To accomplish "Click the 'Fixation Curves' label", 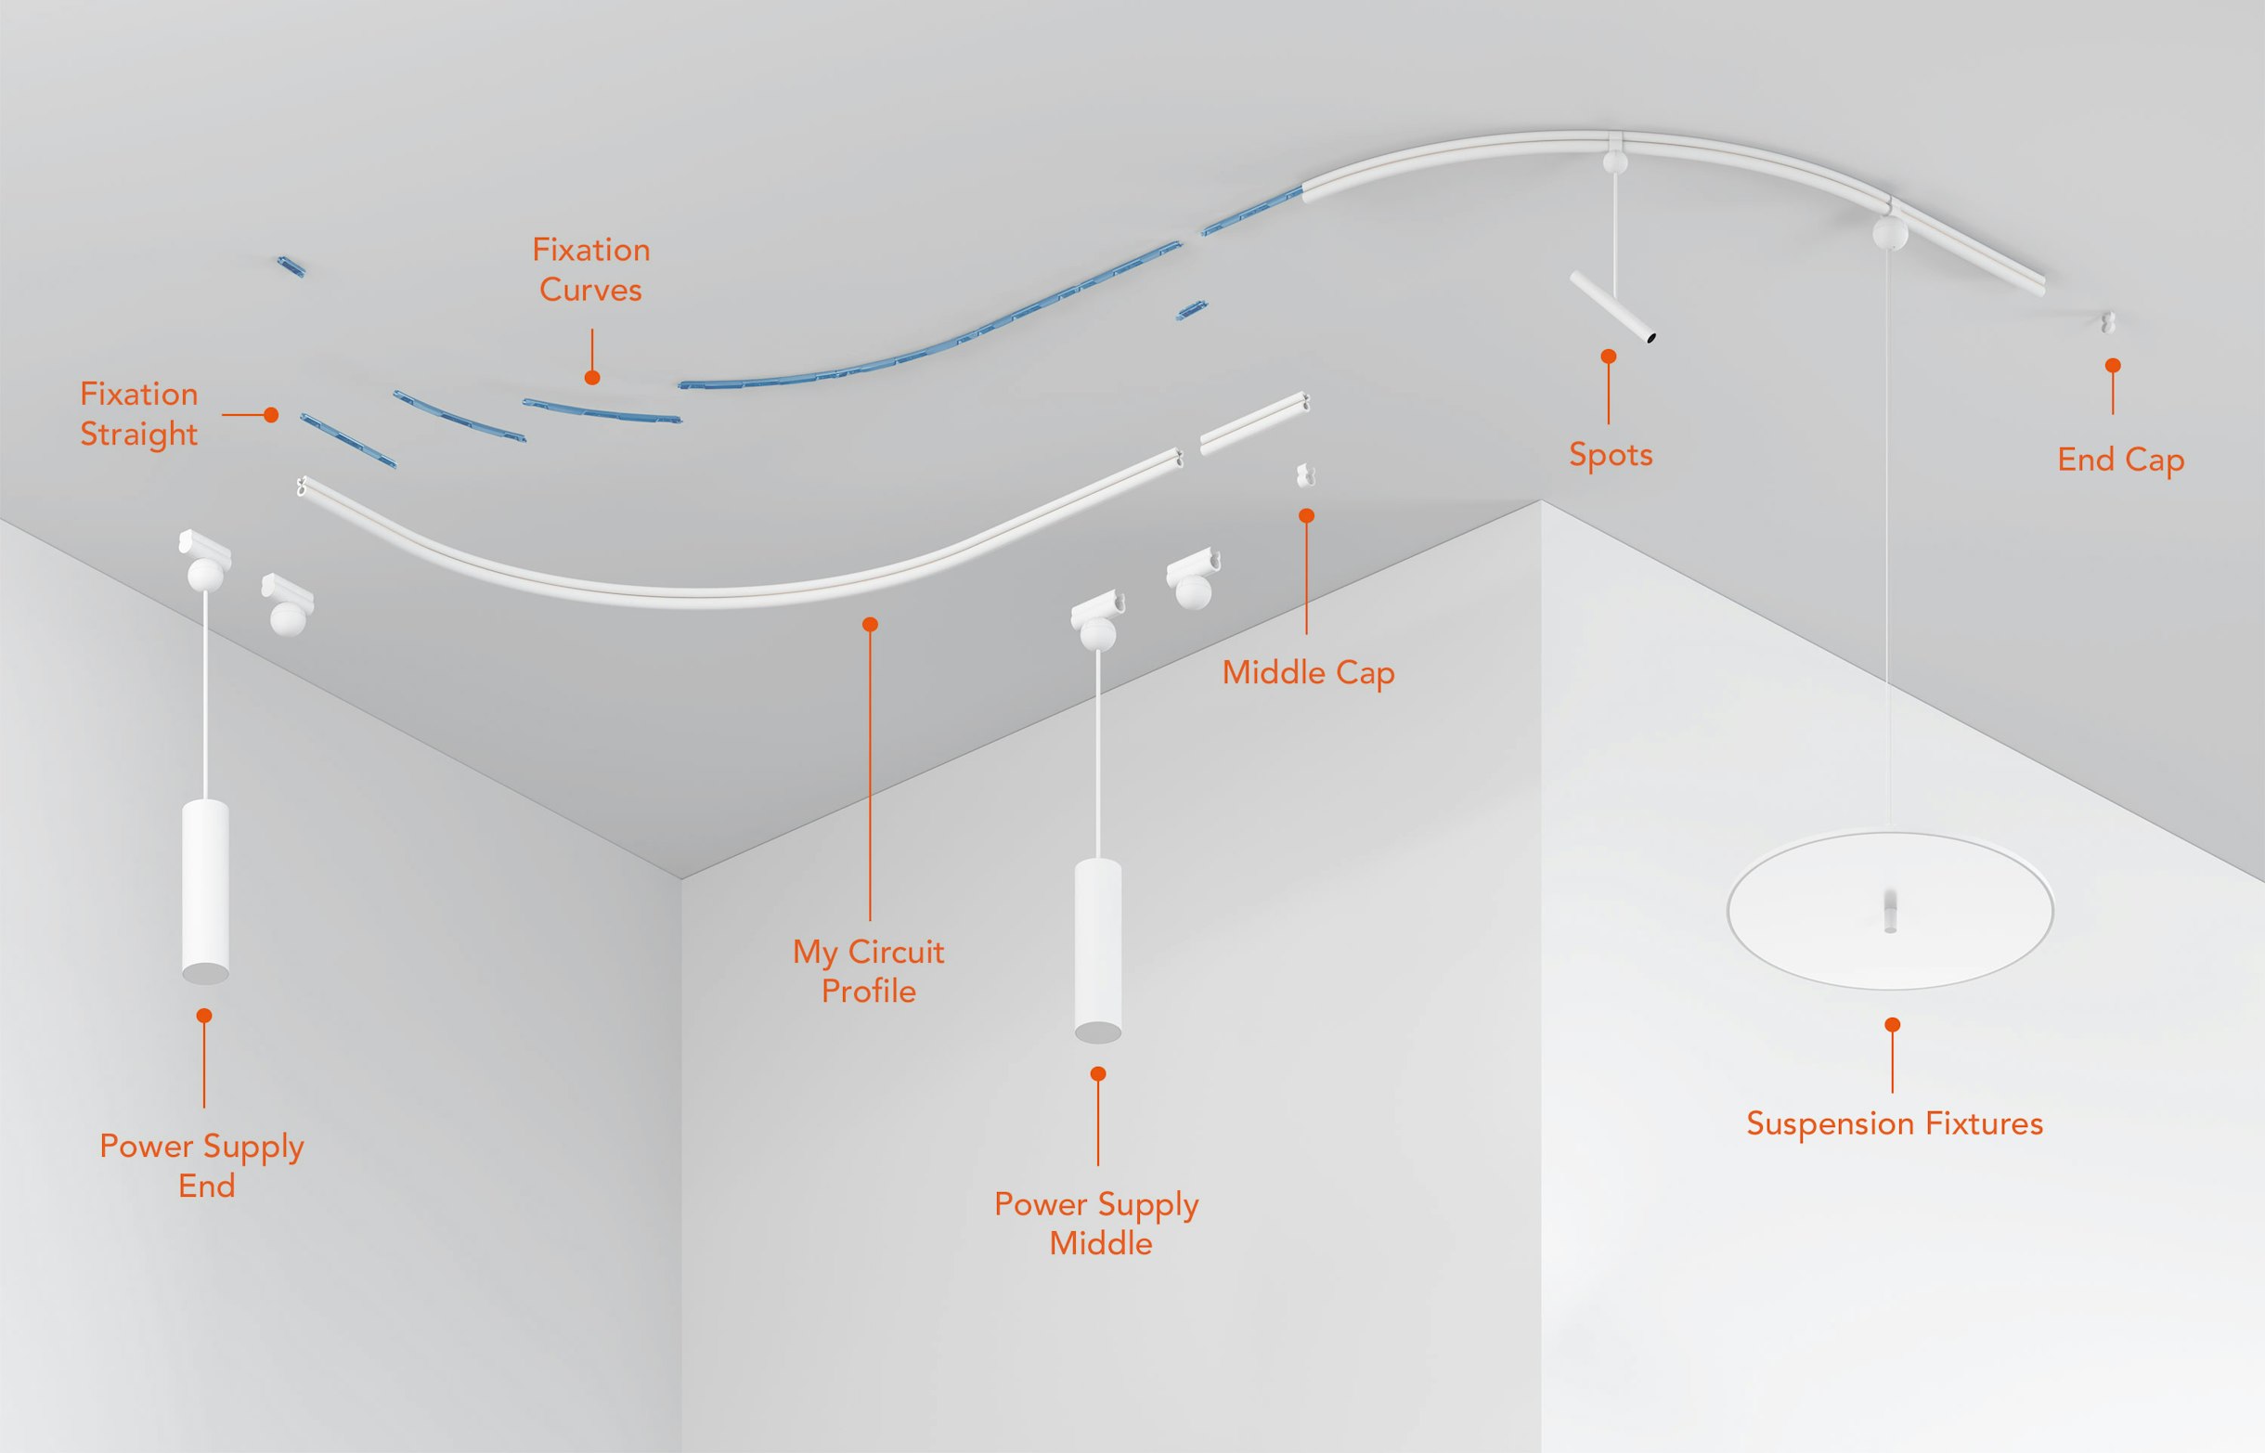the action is [x=591, y=270].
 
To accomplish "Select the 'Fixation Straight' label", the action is [x=139, y=414].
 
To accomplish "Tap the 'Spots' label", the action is [x=1611, y=455].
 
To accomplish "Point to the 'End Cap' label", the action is [x=2121, y=461].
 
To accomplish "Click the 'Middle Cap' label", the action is [x=1309, y=674].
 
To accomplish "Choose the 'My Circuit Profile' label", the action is [x=869, y=972].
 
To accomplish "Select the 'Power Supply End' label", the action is [x=202, y=1165].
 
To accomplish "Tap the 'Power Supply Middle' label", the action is [x=1097, y=1224].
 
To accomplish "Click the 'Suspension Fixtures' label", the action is [x=1895, y=1123].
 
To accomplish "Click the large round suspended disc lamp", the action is [x=1890, y=911].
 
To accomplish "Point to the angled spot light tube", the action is [x=1612, y=306].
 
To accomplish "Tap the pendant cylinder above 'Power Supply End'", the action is [x=205, y=891].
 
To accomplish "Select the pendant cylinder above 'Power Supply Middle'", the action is [x=1098, y=950].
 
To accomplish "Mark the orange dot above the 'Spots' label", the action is [x=1609, y=357].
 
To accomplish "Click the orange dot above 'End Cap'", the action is [x=2113, y=365].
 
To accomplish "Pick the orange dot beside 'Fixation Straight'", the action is [x=271, y=414].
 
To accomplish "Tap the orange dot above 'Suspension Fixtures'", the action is [x=1893, y=1025].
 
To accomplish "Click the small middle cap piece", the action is [x=1305, y=474].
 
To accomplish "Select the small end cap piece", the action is [x=2108, y=323].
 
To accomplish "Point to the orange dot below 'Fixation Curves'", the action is [x=592, y=377].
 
